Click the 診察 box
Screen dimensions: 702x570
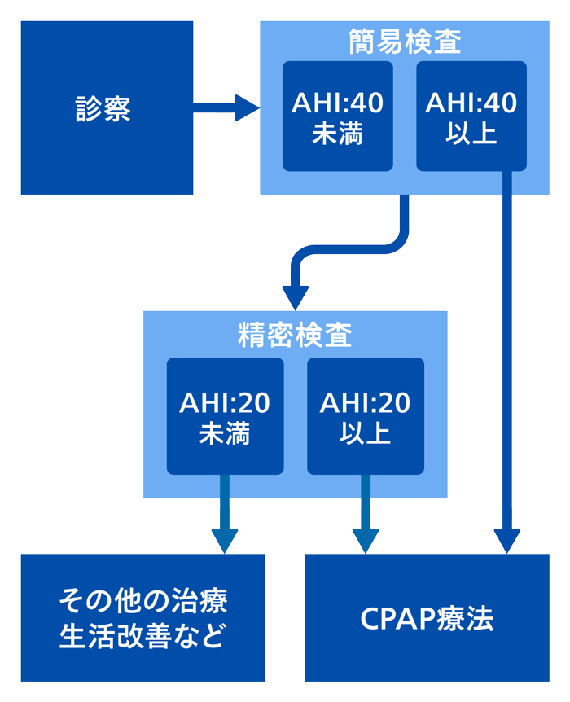107,107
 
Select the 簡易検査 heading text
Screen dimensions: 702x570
404,41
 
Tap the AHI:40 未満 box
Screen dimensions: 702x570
337,116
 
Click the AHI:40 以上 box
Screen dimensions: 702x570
471,116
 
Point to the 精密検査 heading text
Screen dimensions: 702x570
295,335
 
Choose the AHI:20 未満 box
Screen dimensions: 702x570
225,416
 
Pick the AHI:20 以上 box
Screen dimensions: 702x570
365,416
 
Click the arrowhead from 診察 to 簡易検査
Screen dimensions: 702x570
246,107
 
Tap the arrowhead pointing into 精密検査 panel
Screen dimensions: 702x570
295,295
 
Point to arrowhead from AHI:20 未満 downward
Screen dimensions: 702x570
225,540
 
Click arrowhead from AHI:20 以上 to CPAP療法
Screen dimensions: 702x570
365,540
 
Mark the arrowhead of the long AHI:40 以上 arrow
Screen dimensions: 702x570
508,540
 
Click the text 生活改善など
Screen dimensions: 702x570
142,635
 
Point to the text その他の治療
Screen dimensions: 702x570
142,602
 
